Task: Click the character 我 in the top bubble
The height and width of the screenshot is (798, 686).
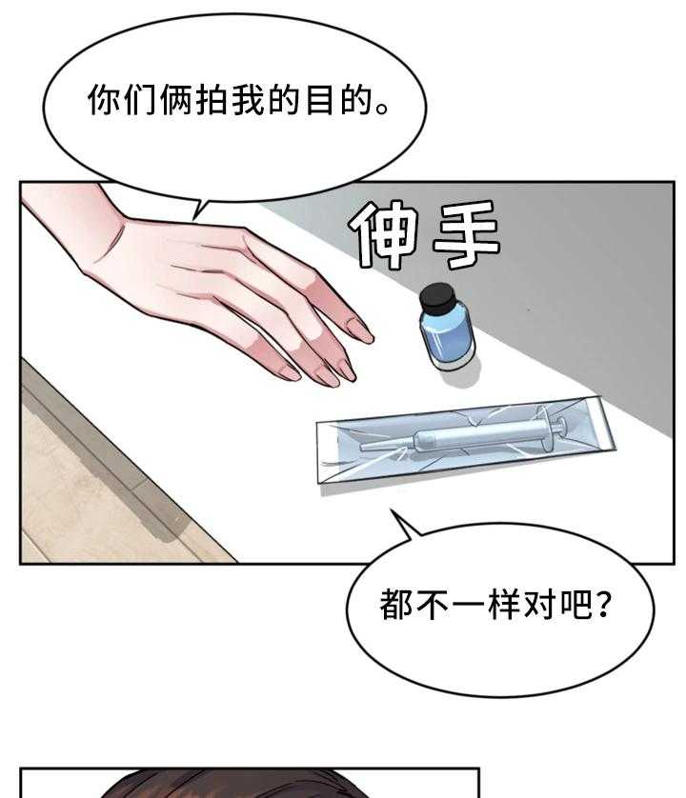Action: coord(249,100)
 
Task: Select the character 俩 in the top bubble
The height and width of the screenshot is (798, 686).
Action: coord(176,100)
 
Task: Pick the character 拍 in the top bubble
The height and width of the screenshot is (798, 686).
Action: coord(212,100)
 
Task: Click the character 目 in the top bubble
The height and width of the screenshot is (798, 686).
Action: coord(321,100)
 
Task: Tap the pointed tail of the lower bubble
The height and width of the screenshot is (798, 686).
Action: coord(393,511)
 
